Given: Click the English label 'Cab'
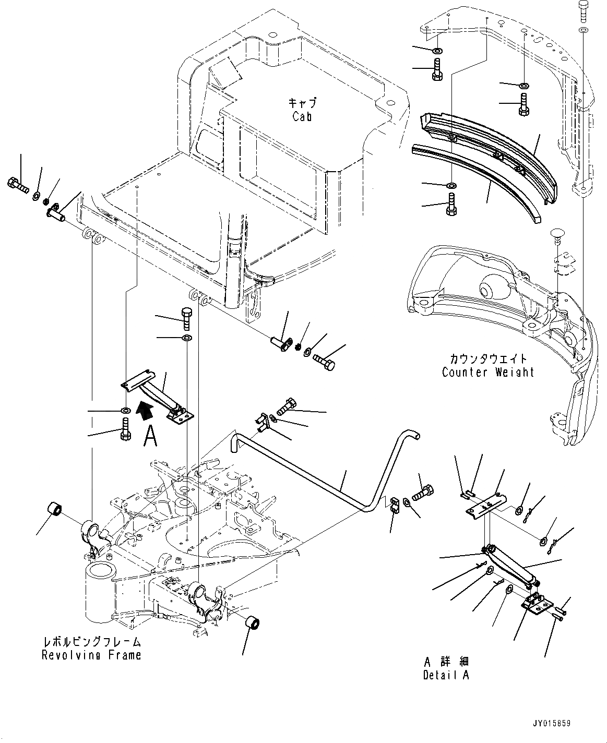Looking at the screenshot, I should coord(302,116).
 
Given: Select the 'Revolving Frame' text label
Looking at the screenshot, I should coord(91,655).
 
